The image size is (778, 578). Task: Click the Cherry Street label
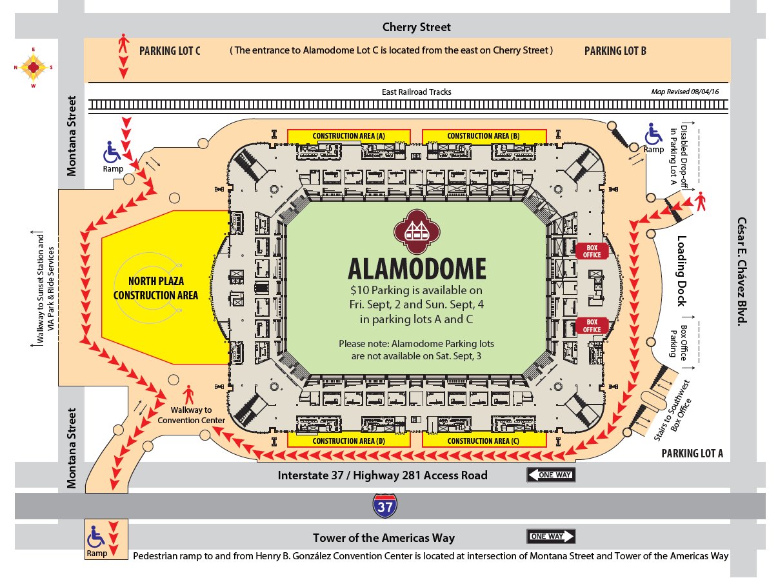pos(416,27)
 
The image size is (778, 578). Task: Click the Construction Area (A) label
pos(348,136)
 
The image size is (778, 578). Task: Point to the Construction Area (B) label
pos(483,136)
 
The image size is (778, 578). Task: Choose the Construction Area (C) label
pos(483,441)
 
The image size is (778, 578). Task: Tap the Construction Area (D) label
pos(348,441)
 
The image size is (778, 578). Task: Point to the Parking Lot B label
pos(615,51)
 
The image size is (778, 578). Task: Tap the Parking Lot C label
pos(170,51)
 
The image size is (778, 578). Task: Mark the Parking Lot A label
pos(692,454)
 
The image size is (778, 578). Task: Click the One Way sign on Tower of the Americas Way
pos(551,537)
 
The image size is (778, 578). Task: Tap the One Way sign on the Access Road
pos(551,475)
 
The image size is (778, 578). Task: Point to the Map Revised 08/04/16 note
pos(684,92)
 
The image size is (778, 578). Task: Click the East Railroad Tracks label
pos(416,92)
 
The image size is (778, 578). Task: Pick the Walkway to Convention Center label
pos(192,415)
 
